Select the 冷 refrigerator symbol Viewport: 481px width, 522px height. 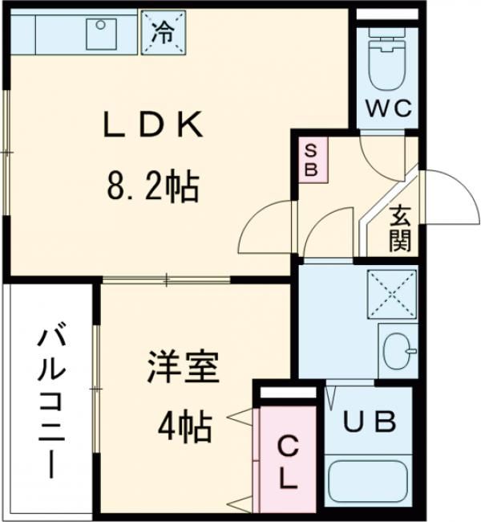[164, 33]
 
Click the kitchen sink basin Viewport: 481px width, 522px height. [102, 32]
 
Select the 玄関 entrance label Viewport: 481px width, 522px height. [401, 228]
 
